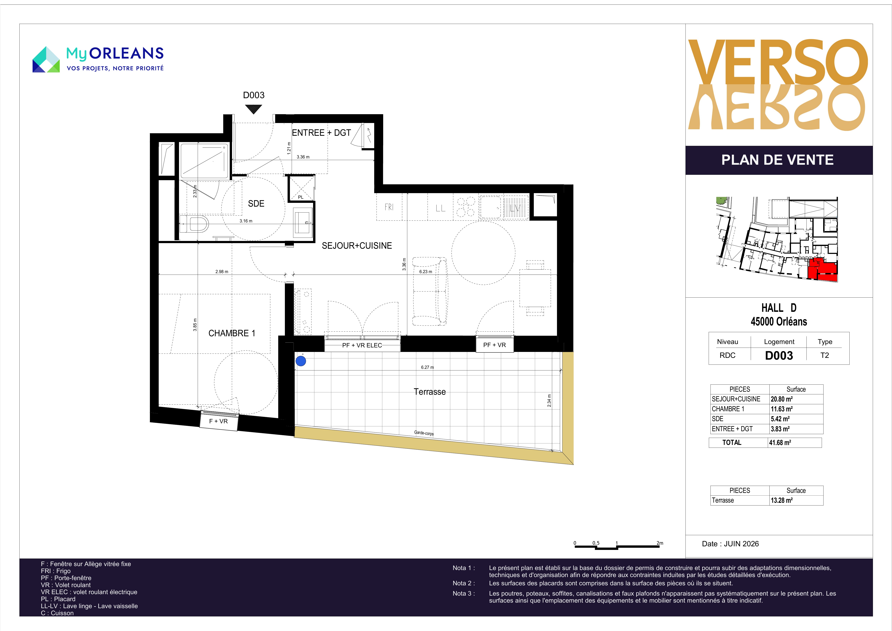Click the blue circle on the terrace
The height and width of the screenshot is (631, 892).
click(301, 361)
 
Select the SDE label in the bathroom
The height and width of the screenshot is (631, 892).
click(256, 203)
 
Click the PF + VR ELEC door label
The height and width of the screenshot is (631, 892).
click(362, 345)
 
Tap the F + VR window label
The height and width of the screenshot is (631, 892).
click(218, 421)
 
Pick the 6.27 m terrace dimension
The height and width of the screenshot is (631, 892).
click(427, 367)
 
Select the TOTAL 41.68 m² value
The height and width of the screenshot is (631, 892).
click(780, 442)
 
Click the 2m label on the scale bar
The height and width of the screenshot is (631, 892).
click(660, 543)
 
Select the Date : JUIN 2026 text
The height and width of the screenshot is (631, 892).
click(730, 544)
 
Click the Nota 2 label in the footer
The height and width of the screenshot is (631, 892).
click(464, 583)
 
